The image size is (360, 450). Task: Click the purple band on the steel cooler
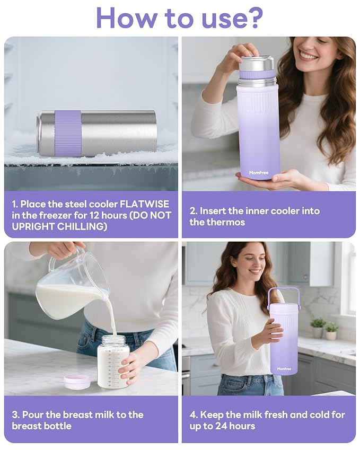[68, 133]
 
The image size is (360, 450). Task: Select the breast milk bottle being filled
[113, 361]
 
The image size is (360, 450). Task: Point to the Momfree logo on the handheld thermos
[259, 172]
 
